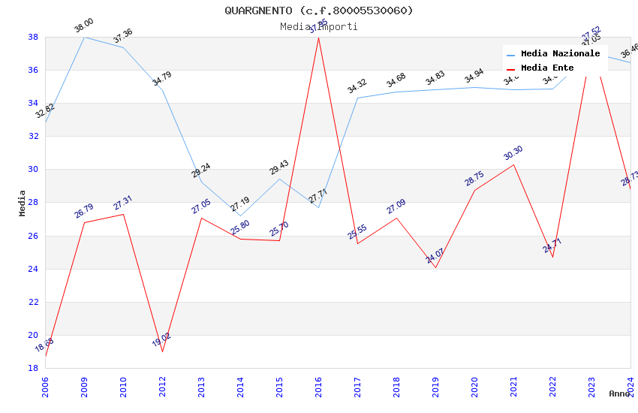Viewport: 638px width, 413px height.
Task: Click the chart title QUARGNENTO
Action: [x=318, y=11]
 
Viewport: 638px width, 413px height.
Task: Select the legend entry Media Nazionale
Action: [x=560, y=54]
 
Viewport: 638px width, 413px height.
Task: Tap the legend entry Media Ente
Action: [x=547, y=68]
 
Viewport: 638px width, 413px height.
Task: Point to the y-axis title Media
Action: [x=23, y=203]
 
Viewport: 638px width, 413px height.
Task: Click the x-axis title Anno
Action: [x=619, y=393]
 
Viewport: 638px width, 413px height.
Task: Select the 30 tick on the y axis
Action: [x=33, y=170]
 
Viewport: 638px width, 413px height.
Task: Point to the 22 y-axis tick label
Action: [x=33, y=302]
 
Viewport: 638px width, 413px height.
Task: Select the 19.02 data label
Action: [x=161, y=340]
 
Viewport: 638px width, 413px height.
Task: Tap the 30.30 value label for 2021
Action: [x=513, y=153]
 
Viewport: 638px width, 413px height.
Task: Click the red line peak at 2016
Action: [x=318, y=38]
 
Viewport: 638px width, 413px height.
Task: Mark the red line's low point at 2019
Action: [x=435, y=268]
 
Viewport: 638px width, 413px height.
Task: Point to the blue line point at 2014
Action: [x=240, y=216]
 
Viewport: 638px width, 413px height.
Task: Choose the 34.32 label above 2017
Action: [x=357, y=87]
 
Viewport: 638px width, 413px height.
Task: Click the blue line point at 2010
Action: [x=123, y=47]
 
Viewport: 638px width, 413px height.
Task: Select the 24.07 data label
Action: [x=435, y=256]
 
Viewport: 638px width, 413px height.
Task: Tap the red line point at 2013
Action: [x=201, y=218]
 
